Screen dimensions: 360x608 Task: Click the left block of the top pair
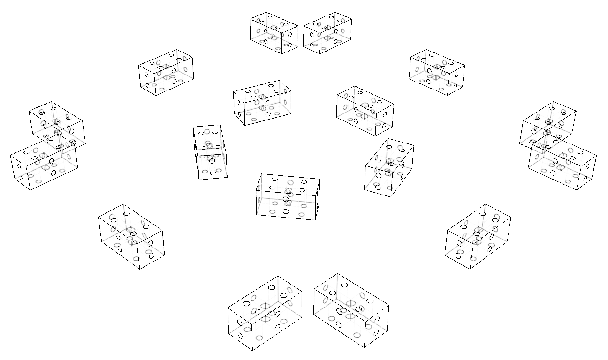(x=274, y=33)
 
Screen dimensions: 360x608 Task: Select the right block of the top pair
(x=327, y=33)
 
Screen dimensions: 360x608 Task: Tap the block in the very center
(x=288, y=196)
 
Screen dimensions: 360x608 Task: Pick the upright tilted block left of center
(x=210, y=152)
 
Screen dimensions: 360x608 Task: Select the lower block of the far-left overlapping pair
(x=43, y=164)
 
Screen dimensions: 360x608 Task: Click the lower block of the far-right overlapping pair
(x=562, y=162)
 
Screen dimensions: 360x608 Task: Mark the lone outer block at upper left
(x=166, y=72)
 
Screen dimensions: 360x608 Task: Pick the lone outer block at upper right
(x=437, y=72)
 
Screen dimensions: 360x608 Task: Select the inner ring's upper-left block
(x=262, y=103)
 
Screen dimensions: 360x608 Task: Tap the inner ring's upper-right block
(x=365, y=111)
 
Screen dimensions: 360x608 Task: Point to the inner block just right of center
(x=389, y=167)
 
